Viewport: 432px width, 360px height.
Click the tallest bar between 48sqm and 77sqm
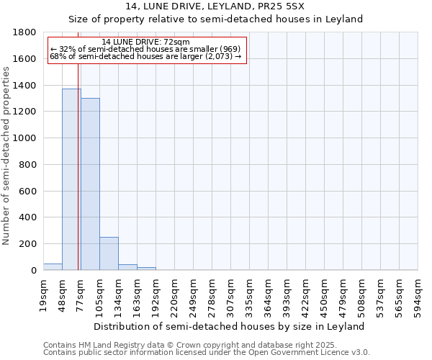[x=71, y=180]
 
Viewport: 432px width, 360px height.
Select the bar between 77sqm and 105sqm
[x=90, y=184]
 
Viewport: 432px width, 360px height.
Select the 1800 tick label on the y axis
[x=25, y=32]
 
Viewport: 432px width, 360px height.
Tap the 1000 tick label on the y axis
[x=25, y=138]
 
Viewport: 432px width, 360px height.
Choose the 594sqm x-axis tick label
[x=418, y=293]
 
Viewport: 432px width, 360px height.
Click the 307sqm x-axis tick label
[x=231, y=293]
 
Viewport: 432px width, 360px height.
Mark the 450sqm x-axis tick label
[x=325, y=293]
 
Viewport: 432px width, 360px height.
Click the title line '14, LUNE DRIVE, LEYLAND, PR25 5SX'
[x=216, y=6]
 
